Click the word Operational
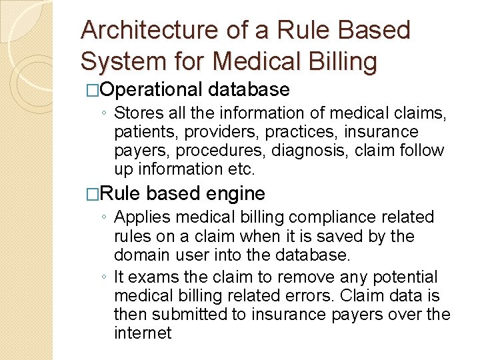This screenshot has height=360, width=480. coord(151,89)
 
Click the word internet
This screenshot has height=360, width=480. coord(143,333)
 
